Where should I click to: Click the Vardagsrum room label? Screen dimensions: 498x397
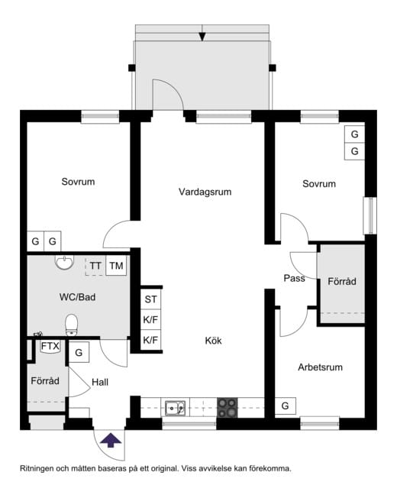(x=205, y=192)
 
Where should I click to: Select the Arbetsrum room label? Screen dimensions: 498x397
(x=320, y=367)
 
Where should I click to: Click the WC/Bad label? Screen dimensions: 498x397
(x=77, y=297)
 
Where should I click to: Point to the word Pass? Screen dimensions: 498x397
(x=294, y=278)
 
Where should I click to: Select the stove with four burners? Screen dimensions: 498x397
(x=227, y=407)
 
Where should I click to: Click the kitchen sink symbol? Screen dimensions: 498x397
(x=177, y=407)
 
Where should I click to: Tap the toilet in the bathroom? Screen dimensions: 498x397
(x=73, y=325)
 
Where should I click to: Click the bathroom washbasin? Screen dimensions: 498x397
(x=64, y=264)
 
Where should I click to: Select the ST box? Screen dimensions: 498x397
(x=150, y=299)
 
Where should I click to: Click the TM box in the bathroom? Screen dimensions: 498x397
(x=116, y=266)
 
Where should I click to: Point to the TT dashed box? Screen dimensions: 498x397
(x=95, y=266)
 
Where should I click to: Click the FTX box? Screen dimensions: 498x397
(x=50, y=347)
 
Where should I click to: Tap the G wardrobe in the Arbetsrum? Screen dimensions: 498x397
(x=285, y=406)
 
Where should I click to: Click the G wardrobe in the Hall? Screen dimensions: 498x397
(x=79, y=353)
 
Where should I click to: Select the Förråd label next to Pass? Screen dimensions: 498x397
(x=342, y=282)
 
